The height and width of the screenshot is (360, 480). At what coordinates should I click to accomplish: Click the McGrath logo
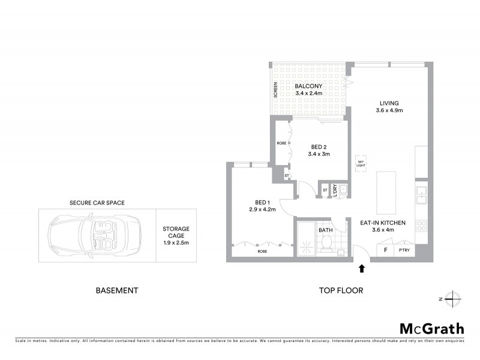tap(431, 328)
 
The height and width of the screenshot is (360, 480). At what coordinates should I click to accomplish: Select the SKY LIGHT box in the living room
tap(361, 163)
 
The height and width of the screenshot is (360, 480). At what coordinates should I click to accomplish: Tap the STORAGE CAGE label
tap(176, 236)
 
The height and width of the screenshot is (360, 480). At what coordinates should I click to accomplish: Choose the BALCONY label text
tap(308, 90)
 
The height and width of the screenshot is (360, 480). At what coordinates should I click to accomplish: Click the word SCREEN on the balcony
tap(275, 89)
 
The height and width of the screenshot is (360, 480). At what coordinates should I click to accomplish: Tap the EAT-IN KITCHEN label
tap(383, 226)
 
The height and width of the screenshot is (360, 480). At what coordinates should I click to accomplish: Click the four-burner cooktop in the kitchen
tap(421, 226)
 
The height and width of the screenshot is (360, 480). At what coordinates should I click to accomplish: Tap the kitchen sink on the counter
tap(421, 193)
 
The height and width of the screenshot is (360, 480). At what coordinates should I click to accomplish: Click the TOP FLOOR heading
tap(341, 290)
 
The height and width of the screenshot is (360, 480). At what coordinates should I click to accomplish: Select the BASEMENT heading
tap(117, 290)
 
